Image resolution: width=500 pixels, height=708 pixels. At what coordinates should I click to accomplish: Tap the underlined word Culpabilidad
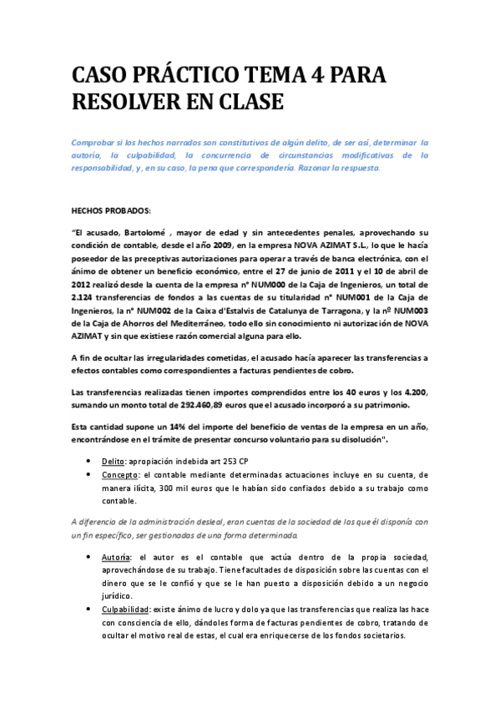click(x=131, y=609)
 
